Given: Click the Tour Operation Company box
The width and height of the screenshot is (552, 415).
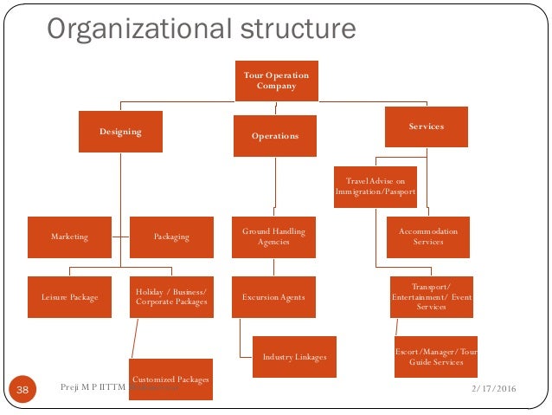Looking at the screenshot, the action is (x=276, y=81).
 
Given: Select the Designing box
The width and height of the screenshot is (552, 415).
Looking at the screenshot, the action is (x=120, y=132).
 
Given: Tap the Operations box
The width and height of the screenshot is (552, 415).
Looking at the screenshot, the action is (x=275, y=136).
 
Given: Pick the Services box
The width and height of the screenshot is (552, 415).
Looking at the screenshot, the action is (x=426, y=126).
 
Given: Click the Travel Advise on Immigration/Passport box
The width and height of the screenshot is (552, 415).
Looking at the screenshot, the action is (x=375, y=186).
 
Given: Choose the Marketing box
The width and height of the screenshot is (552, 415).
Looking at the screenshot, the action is (x=69, y=237).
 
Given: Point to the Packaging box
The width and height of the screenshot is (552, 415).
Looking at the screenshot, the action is (x=171, y=237).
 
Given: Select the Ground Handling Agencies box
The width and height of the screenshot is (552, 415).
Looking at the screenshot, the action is (x=273, y=237).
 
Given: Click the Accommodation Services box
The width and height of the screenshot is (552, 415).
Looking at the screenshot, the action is (x=427, y=237).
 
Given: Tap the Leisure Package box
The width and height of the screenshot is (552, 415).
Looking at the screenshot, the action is (x=69, y=297).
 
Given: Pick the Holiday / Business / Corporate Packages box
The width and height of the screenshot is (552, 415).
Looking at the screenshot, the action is (x=171, y=297).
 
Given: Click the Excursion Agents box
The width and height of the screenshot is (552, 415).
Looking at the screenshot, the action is (x=273, y=297).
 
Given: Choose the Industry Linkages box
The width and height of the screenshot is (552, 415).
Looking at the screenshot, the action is (x=294, y=357).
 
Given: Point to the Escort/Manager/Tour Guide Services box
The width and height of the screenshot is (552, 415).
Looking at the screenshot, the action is (x=435, y=356).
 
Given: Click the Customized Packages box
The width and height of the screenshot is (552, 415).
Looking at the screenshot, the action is (x=170, y=379).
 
